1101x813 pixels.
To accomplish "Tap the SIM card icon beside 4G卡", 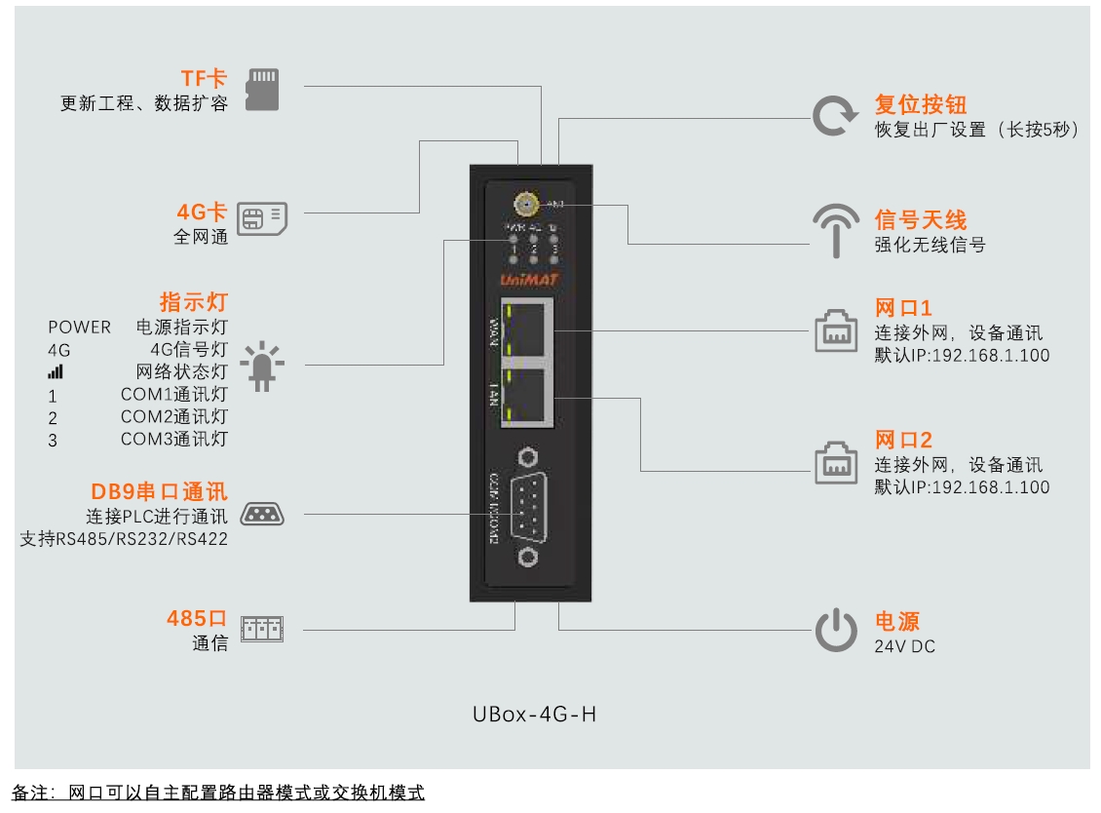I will click(x=263, y=218).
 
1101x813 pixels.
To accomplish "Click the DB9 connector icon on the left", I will click(x=262, y=514).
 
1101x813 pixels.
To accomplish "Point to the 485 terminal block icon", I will click(x=262, y=629).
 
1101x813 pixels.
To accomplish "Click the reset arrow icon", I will click(x=835, y=116).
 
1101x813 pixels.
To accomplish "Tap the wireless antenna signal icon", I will click(x=836, y=231).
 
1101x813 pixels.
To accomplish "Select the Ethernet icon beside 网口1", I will click(x=836, y=331).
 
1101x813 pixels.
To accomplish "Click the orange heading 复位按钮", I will click(x=920, y=104).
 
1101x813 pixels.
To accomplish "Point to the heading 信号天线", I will click(x=920, y=219).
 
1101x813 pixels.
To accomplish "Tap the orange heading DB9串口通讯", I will click(x=159, y=492).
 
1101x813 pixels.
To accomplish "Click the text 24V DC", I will click(x=904, y=646).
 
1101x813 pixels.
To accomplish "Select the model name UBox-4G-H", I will click(x=534, y=715).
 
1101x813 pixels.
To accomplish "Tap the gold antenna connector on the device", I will click(x=526, y=205).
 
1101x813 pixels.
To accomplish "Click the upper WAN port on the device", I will click(x=528, y=330).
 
